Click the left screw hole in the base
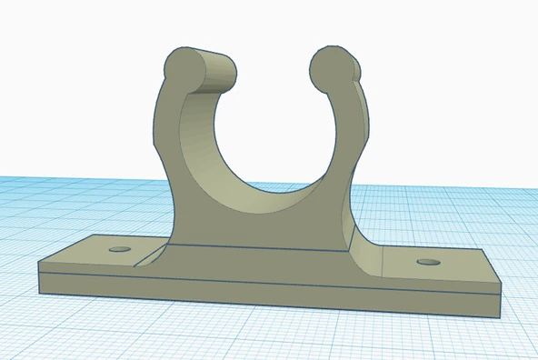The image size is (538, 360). point(119,248)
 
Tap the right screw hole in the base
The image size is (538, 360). point(427,263)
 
